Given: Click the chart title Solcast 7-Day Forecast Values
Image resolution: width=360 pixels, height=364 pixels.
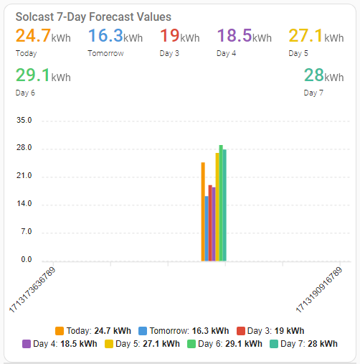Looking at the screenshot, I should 93,16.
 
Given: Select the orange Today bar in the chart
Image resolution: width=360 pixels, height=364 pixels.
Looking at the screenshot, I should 203,212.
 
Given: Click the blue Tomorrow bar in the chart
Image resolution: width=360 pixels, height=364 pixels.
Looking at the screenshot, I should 207,228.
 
